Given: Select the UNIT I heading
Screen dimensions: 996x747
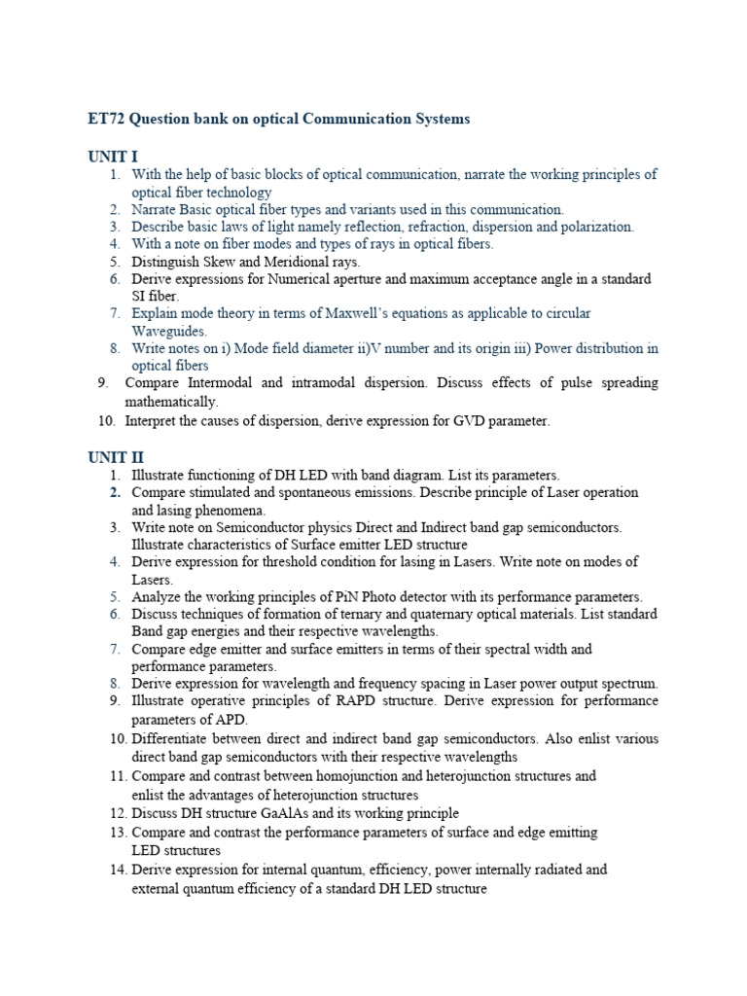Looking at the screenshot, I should pyautogui.click(x=113, y=157).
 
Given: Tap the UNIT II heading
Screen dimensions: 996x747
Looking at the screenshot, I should pyautogui.click(x=116, y=457).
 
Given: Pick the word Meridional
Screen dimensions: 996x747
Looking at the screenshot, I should pyautogui.click(x=294, y=262).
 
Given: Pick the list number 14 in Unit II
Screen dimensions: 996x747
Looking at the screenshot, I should pyautogui.click(x=117, y=870).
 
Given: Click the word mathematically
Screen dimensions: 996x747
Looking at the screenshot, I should pyautogui.click(x=171, y=401).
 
